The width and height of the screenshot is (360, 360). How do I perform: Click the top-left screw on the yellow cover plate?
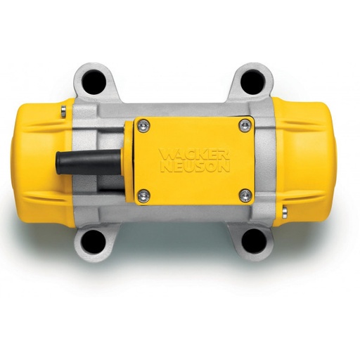pos(145,125)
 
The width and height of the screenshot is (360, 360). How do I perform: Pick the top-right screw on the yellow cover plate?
pos(244,125)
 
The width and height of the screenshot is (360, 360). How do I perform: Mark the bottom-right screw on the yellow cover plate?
pos(244,195)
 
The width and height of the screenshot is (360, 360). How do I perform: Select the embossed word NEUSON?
pos(195,167)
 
